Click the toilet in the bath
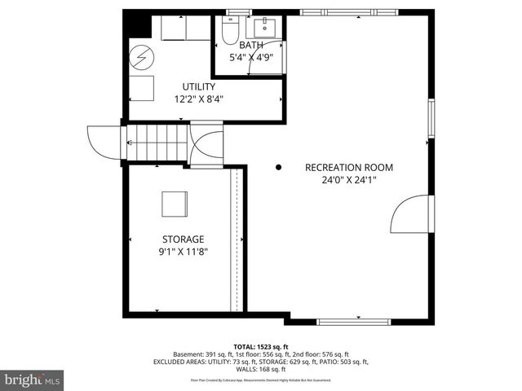click(229, 33)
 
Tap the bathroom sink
click(265, 29)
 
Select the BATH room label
click(252, 46)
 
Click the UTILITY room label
click(198, 86)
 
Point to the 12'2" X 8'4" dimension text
click(198, 99)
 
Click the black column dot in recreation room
click(278, 168)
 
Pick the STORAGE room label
click(183, 239)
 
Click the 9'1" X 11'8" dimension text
click(183, 252)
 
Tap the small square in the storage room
click(174, 204)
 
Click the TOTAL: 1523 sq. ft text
click(261, 347)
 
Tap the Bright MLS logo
click(33, 380)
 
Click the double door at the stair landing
click(207, 145)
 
